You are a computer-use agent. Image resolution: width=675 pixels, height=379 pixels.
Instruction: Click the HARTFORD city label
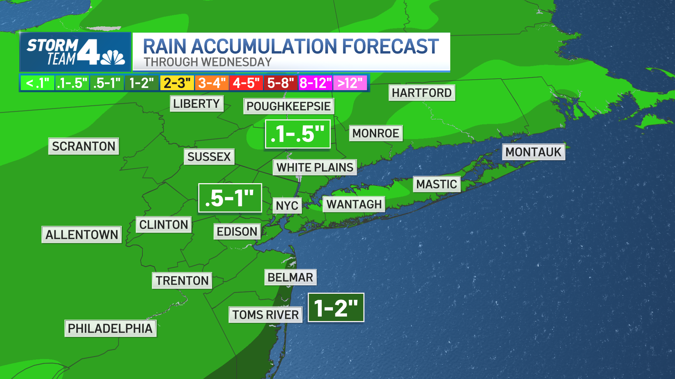tap(422, 93)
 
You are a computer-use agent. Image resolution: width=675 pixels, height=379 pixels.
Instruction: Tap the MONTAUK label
tap(533, 152)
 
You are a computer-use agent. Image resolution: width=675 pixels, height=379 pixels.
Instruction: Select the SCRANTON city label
tap(84, 146)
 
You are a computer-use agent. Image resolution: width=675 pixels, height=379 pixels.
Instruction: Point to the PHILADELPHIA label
tap(110, 328)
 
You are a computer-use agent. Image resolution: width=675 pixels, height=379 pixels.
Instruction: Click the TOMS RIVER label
tap(265, 315)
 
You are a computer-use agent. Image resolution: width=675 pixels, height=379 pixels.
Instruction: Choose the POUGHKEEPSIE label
tap(288, 106)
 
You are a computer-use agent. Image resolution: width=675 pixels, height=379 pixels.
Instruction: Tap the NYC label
tap(287, 206)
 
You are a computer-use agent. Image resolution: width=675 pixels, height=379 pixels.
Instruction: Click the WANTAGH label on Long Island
tap(354, 204)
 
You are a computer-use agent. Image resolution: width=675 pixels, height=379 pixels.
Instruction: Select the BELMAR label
tap(290, 277)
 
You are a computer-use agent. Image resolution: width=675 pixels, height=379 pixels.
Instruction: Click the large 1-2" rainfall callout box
tap(336, 308)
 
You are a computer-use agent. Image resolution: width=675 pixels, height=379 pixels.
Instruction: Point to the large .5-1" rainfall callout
tap(230, 198)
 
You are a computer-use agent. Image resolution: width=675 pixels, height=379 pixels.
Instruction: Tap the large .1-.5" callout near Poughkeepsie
tap(297, 134)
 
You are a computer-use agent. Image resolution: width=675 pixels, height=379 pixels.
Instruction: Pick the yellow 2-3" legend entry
tap(177, 83)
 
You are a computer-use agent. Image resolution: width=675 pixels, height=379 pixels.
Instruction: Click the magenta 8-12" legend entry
tap(315, 83)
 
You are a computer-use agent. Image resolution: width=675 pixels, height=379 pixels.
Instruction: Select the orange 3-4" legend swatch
tap(211, 83)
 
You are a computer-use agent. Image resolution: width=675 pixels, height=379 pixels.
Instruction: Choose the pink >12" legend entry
tap(350, 83)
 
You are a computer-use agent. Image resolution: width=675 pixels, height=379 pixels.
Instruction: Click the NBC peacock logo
tap(113, 58)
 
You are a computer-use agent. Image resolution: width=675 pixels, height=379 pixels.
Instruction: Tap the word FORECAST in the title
tap(390, 47)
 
